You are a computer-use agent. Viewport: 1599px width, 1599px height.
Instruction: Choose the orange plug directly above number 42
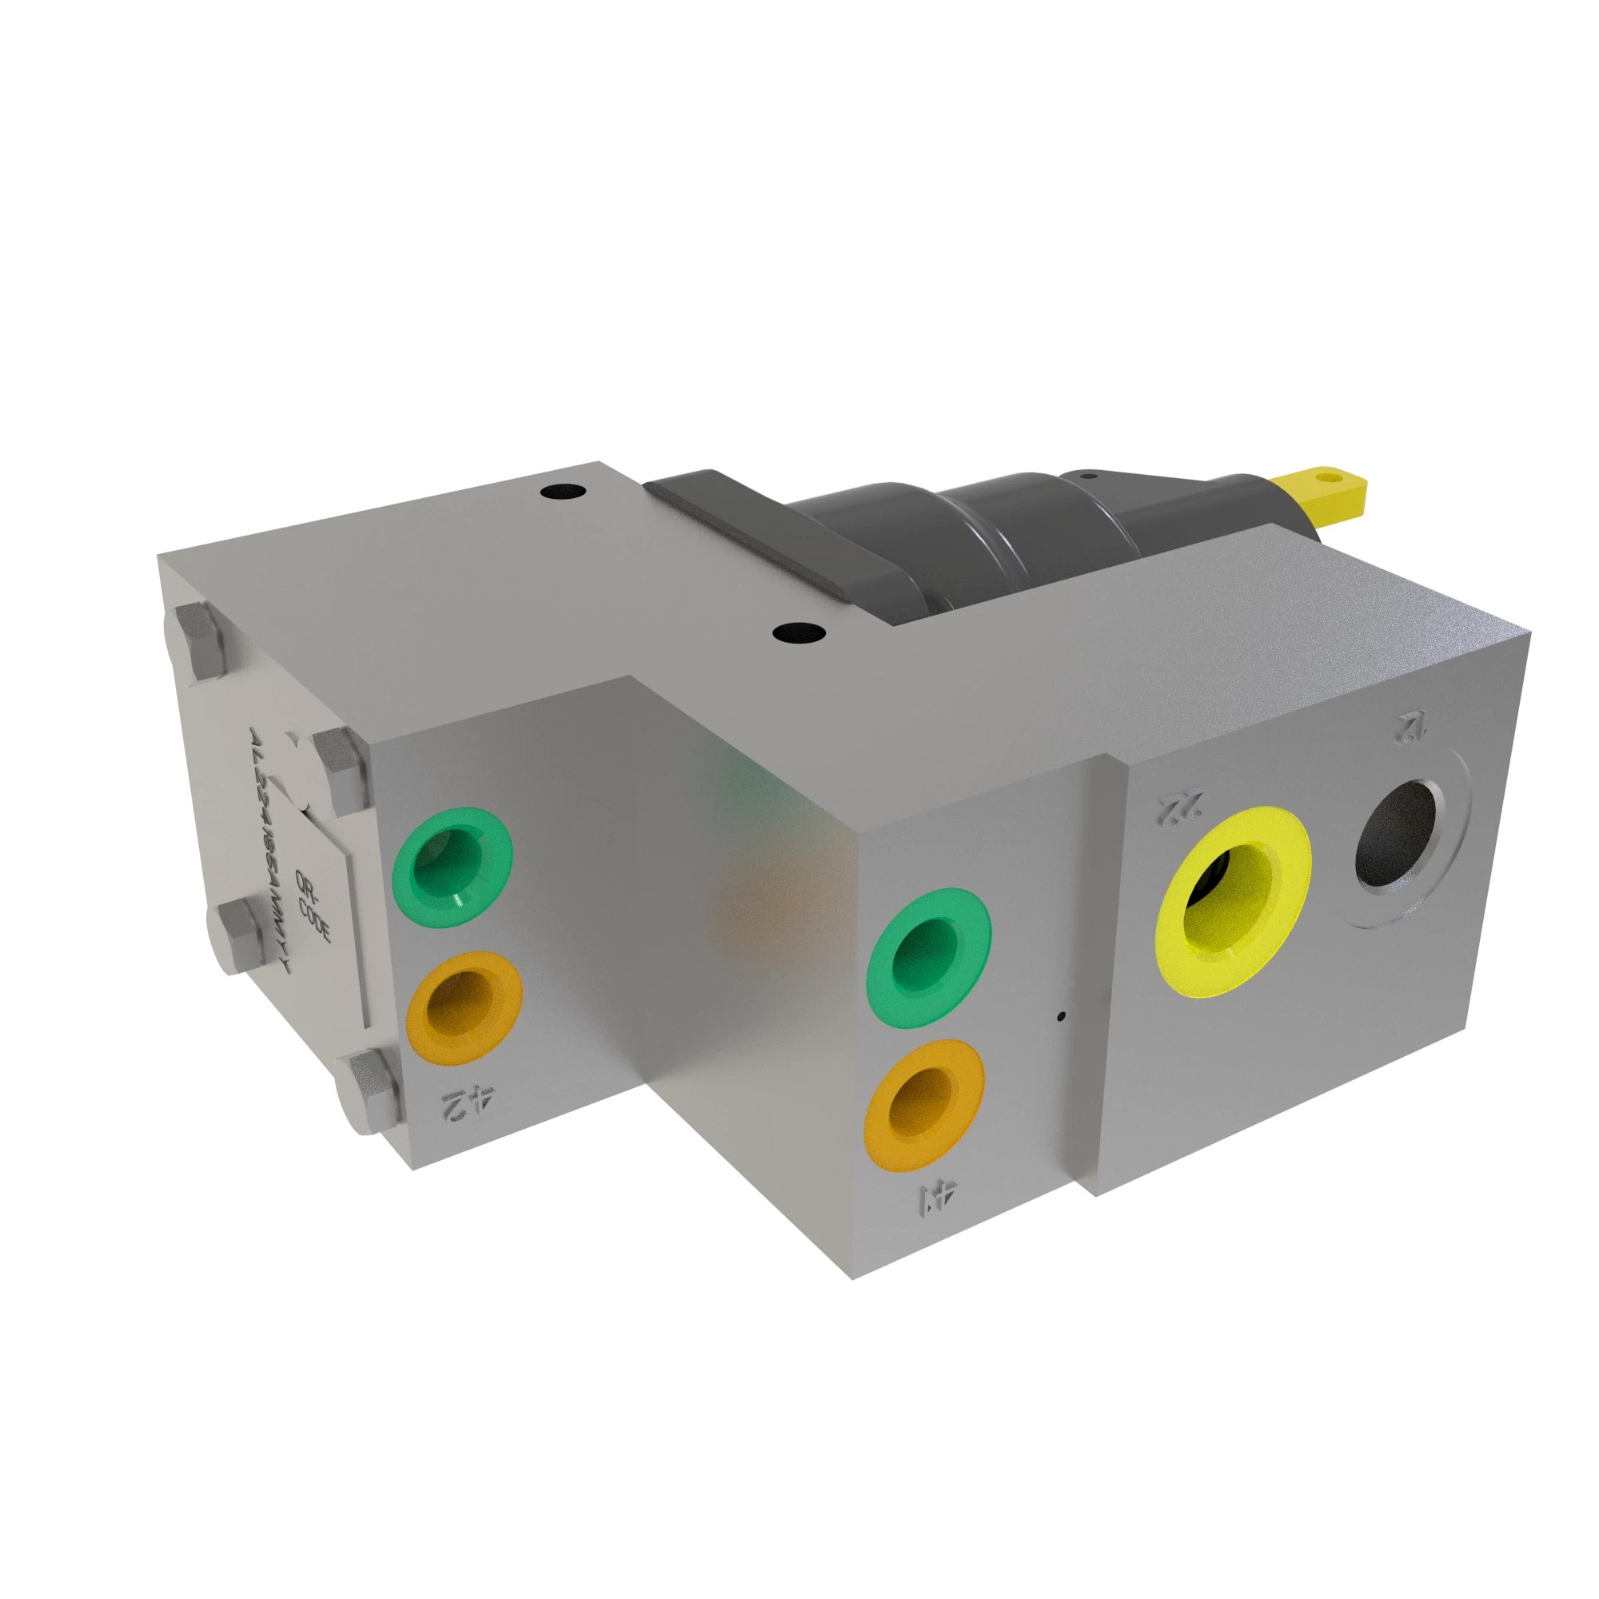click(465, 1008)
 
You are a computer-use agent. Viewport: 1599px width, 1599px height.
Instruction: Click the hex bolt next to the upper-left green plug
click(337, 769)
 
